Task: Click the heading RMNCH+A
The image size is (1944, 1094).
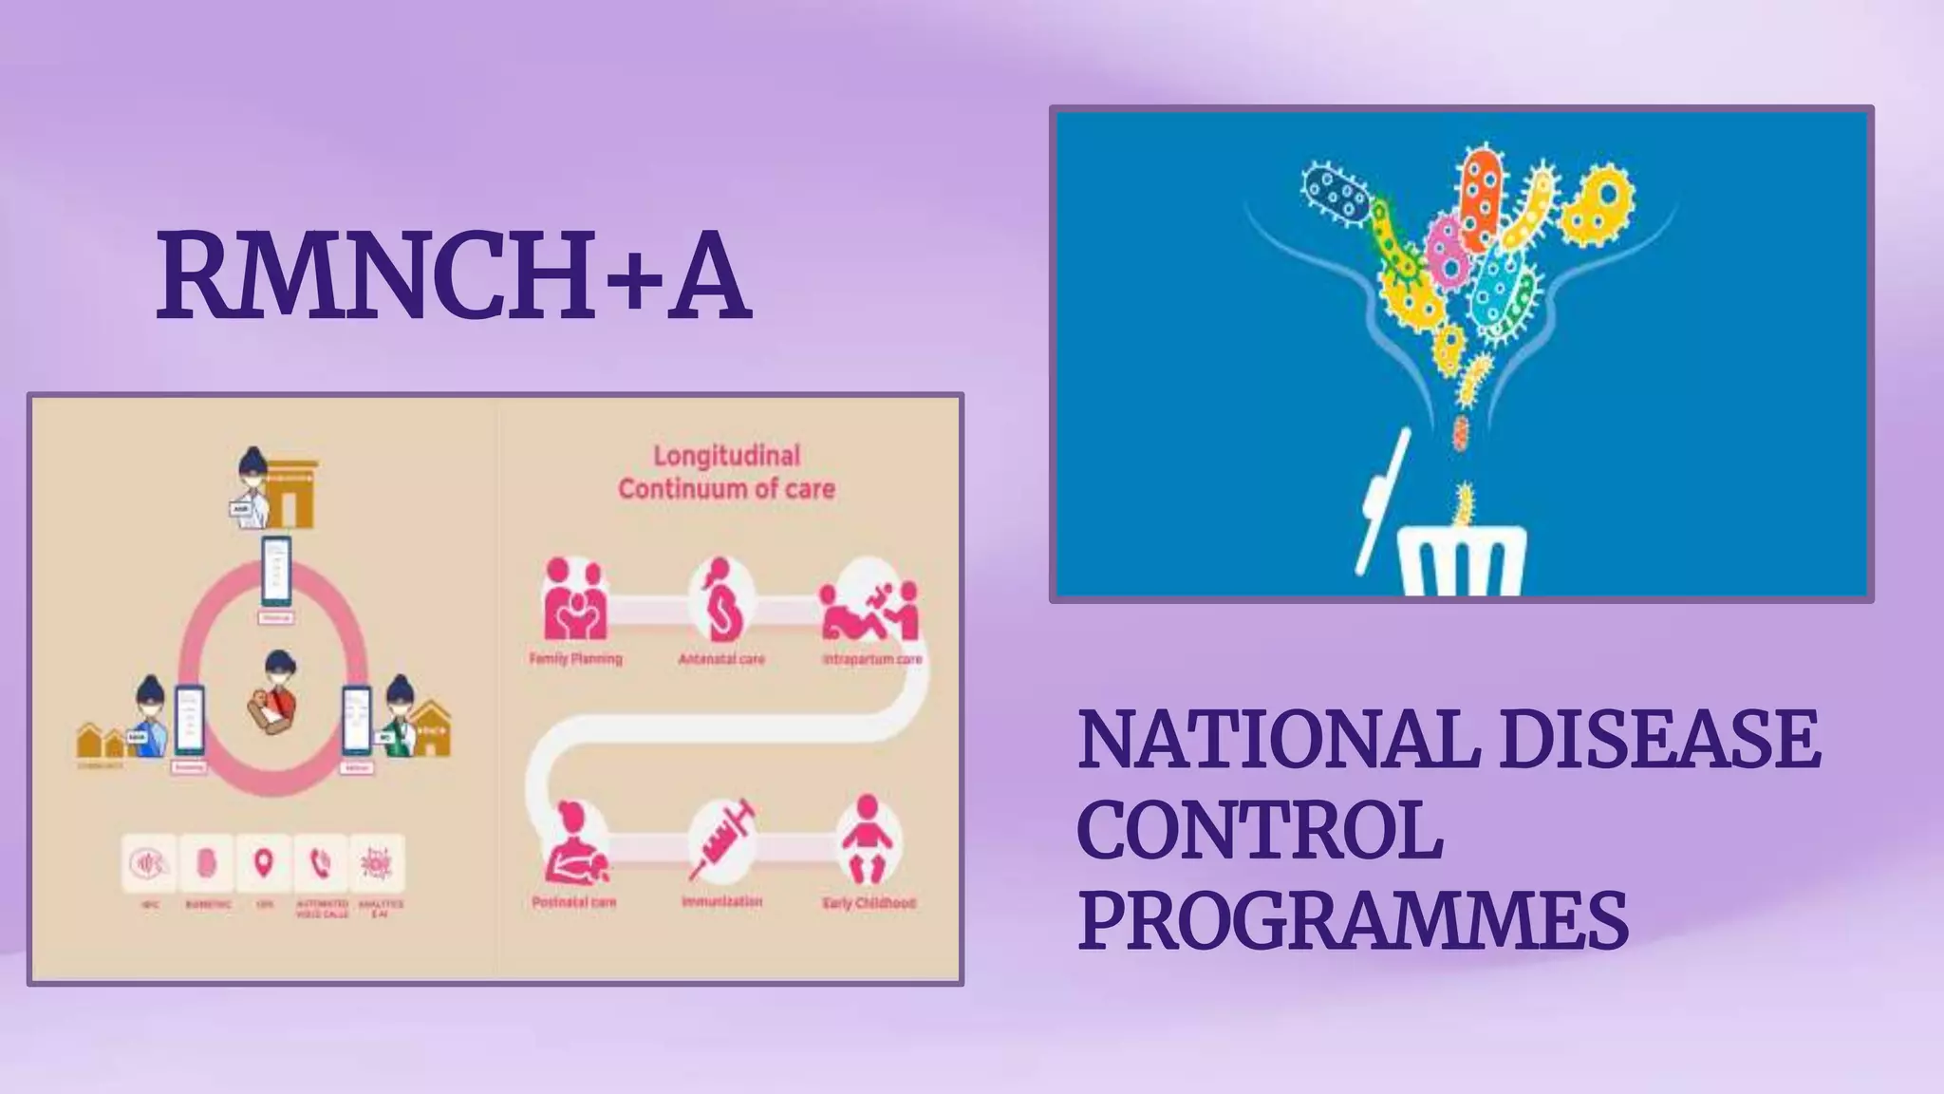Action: click(x=454, y=276)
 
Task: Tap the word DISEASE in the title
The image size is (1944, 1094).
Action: click(x=1660, y=742)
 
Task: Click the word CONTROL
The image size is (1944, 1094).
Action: click(x=1260, y=831)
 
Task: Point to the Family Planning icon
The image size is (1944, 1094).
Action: click(x=573, y=602)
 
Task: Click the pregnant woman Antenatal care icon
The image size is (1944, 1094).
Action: click(x=720, y=601)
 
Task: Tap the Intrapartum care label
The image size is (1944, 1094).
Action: click(x=871, y=659)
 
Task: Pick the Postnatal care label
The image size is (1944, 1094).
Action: click(x=573, y=902)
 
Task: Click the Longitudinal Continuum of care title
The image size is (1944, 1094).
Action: click(x=726, y=472)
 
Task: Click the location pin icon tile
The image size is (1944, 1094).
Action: click(x=264, y=863)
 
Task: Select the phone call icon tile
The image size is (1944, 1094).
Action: click(x=321, y=863)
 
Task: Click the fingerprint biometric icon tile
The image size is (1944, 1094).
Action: click(x=207, y=863)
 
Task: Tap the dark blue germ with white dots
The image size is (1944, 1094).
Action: click(x=1336, y=194)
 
